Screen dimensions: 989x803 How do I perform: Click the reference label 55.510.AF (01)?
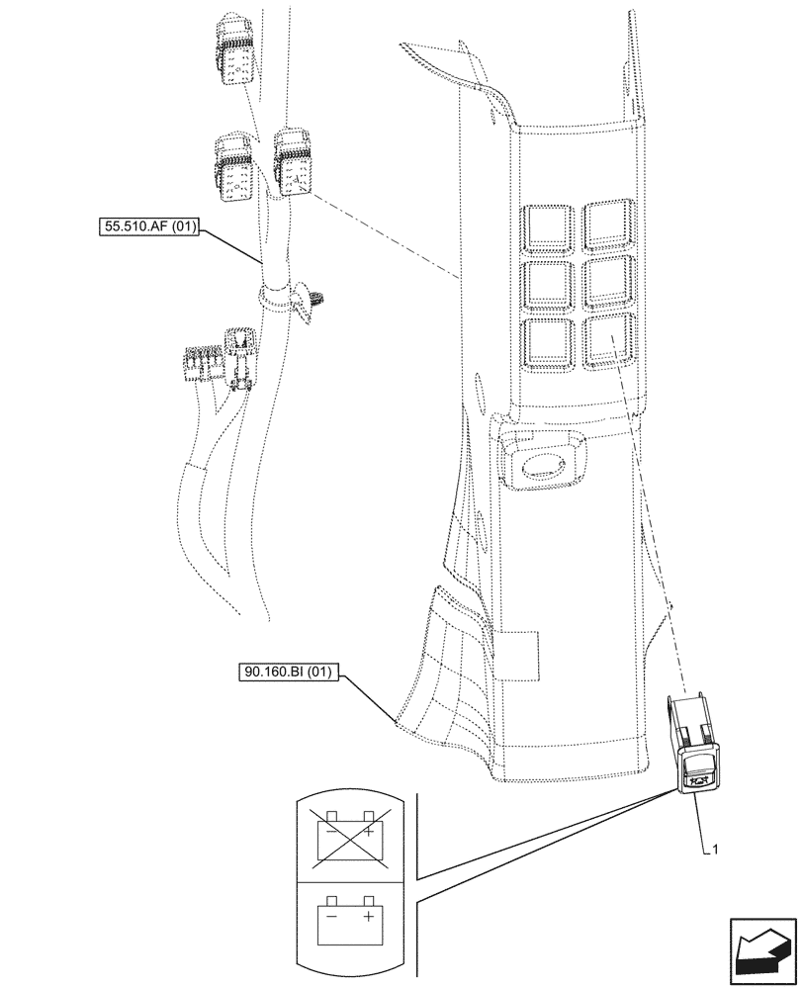pyautogui.click(x=149, y=227)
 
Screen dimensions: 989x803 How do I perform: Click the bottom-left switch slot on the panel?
pyautogui.click(x=551, y=343)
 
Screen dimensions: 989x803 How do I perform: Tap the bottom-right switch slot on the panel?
pyautogui.click(x=610, y=341)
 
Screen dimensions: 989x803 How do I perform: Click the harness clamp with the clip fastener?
pyautogui.click(x=287, y=297)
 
